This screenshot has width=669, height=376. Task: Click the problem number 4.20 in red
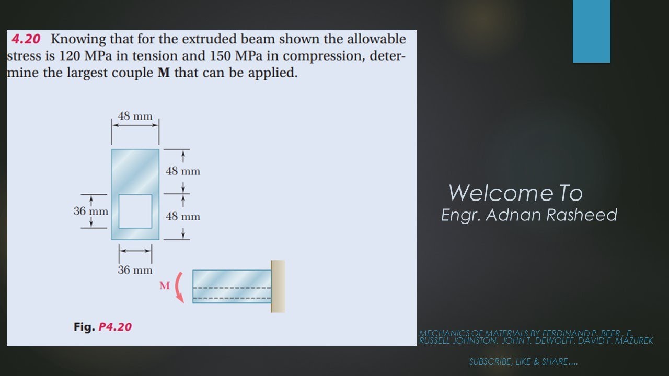[26, 39]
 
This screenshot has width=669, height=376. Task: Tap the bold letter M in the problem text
[163, 73]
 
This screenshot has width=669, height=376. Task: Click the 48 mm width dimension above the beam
[135, 116]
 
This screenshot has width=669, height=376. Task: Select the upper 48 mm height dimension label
[183, 171]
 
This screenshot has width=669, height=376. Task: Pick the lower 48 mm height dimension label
[183, 216]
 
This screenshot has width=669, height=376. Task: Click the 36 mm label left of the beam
[91, 211]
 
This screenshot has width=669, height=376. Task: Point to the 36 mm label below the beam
[135, 270]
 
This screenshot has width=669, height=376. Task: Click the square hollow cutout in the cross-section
[135, 211]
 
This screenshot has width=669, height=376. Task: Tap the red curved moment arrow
[180, 287]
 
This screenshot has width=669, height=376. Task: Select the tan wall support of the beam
[278, 286]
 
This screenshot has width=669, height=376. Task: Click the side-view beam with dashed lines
[232, 286]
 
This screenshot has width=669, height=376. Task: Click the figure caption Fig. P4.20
[102, 327]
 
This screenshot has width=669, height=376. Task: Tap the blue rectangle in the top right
[591, 31]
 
